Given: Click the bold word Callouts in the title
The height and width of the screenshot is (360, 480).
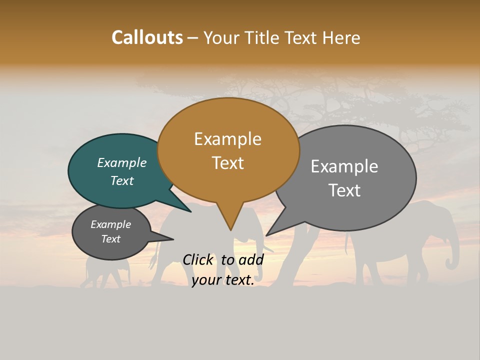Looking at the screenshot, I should pos(147,37).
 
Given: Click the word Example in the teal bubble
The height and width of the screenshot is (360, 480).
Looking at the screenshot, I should pos(121,163).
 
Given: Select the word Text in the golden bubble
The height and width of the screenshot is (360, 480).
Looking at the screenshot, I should pos(228,163).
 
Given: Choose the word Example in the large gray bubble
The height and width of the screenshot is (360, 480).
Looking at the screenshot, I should pos(344,166).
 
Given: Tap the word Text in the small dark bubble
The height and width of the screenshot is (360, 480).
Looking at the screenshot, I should pos(111,239).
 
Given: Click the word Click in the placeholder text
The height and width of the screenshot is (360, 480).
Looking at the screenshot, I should pos(198,259).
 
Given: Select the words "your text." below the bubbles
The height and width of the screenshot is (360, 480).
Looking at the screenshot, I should pos(223,280).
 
